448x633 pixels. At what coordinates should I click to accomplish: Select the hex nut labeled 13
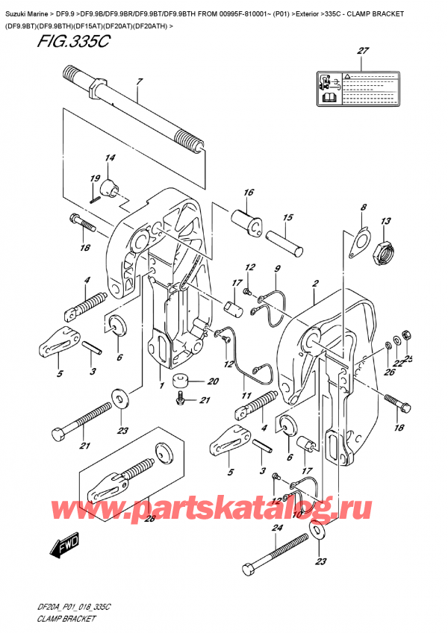click(385, 254)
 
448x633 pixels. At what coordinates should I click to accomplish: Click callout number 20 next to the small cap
click(214, 381)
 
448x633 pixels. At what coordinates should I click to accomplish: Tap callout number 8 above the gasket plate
click(363, 208)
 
